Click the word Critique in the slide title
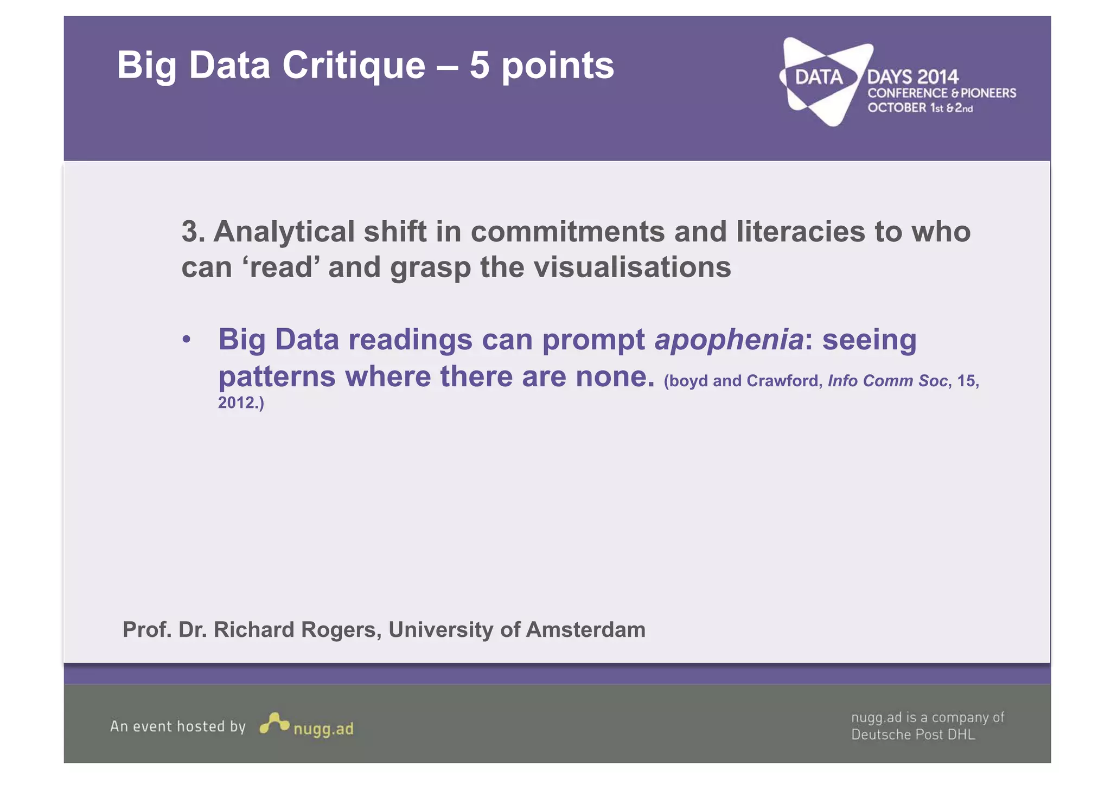(x=354, y=66)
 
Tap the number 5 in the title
(x=480, y=66)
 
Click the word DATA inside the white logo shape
(x=819, y=77)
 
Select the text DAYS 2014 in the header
(x=913, y=77)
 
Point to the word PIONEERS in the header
(x=988, y=93)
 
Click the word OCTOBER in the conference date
(x=897, y=107)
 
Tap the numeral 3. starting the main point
(x=193, y=232)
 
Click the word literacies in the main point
(x=801, y=232)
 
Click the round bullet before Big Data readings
(x=187, y=340)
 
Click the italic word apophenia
(x=729, y=340)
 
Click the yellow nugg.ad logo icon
(x=274, y=723)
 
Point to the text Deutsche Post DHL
(x=913, y=735)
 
